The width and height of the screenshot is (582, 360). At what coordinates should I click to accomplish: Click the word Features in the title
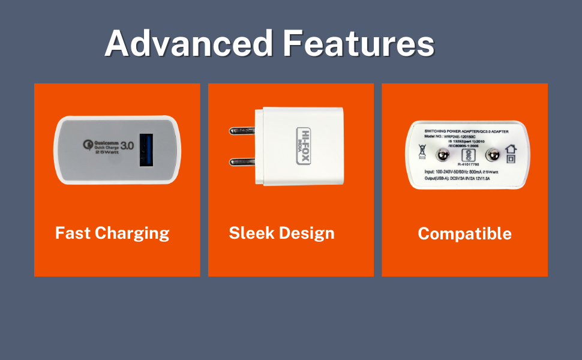coord(358,43)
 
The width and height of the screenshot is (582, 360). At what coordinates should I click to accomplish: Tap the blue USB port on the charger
coord(146,150)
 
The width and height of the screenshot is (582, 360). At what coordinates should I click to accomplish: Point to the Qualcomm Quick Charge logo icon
coord(88,144)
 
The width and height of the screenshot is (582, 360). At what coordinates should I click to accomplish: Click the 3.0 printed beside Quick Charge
coord(127,145)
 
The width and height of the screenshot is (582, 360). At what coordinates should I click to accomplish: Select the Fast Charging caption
coord(112,233)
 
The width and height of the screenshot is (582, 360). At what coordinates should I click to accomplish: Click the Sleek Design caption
coord(281,233)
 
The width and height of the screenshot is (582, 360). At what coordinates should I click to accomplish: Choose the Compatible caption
coord(464,233)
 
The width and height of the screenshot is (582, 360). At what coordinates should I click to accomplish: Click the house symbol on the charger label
coord(511,149)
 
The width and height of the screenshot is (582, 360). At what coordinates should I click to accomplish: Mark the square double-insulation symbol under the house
coord(511,159)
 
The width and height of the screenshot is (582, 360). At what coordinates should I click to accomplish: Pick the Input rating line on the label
coord(463,172)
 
